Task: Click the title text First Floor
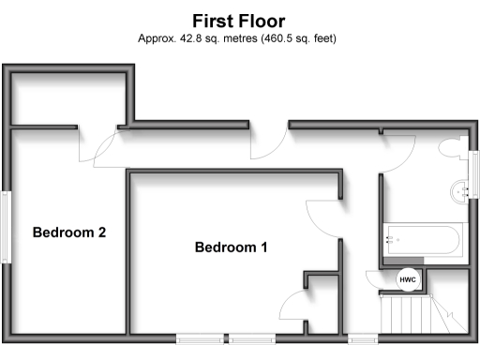[x=239, y=20]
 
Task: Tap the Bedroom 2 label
[x=68, y=232]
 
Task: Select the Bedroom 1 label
[x=231, y=247]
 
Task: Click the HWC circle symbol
[x=408, y=279]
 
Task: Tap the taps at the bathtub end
[x=391, y=240]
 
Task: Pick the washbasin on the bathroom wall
[x=460, y=190]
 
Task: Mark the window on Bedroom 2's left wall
[x=6, y=226]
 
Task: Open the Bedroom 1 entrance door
[x=320, y=217]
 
